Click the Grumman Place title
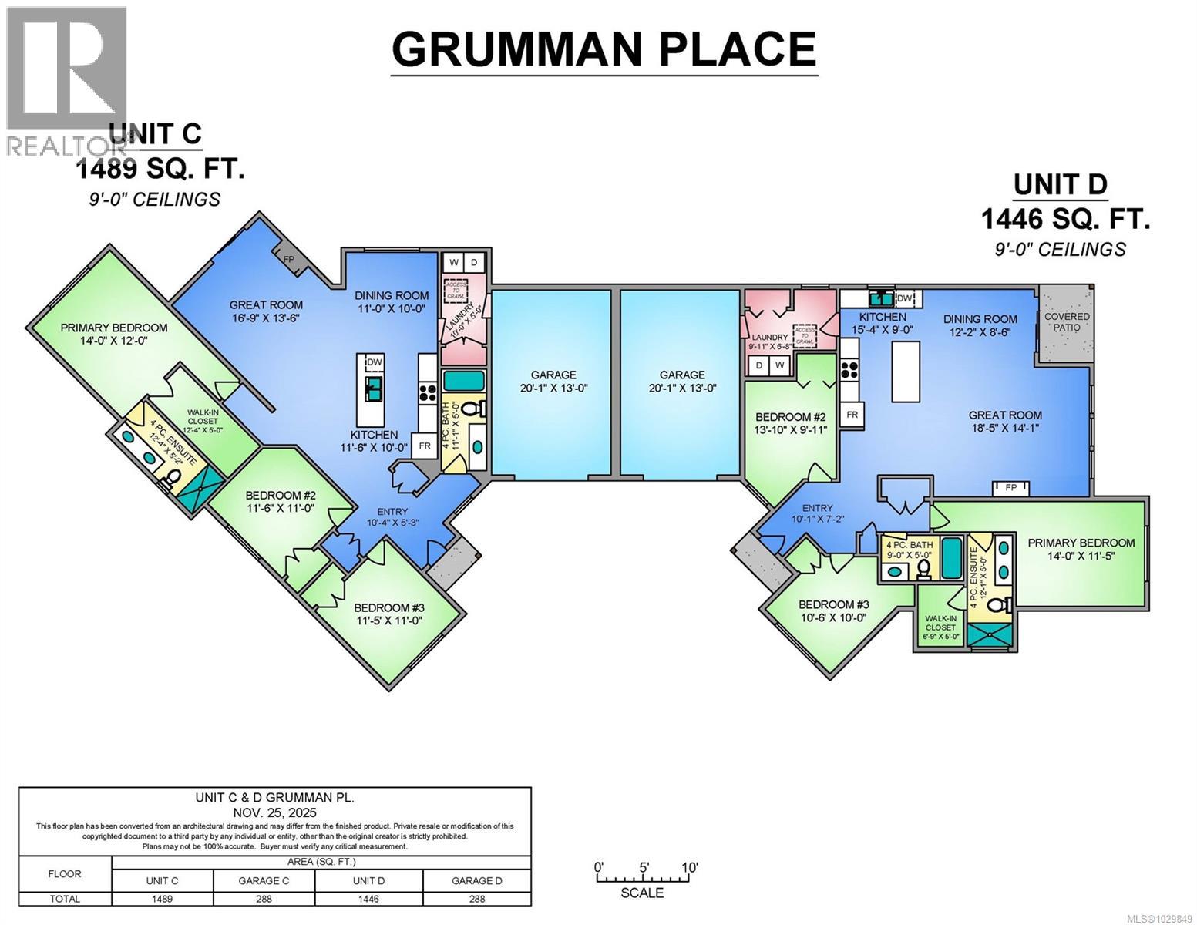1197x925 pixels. coord(604,49)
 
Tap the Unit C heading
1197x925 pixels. coord(155,134)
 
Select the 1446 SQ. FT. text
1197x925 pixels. coord(1064,220)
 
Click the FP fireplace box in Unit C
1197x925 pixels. coord(289,260)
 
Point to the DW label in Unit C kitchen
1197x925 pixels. coord(374,363)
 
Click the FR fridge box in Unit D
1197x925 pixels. coord(852,415)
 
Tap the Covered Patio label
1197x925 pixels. coord(1067,321)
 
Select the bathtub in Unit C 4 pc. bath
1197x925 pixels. coord(463,382)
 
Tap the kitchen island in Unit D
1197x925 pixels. coord(907,372)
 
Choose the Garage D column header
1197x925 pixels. coord(477,880)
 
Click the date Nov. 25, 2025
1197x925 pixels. coord(275,812)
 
